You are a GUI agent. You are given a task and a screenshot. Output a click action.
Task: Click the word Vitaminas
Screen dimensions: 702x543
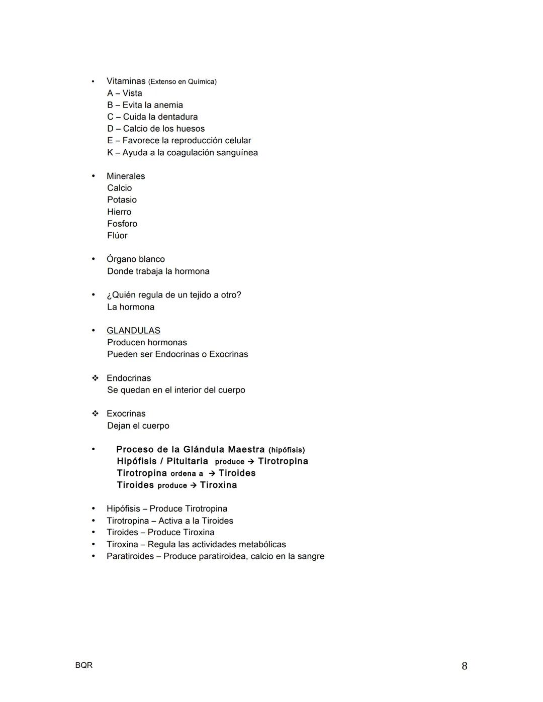coord(126,81)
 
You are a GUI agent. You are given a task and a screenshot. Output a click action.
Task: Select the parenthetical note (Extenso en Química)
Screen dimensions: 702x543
coord(182,81)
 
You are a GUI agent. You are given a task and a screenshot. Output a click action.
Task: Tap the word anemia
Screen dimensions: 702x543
coord(168,105)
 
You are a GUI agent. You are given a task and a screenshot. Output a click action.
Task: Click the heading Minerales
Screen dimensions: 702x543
coord(126,176)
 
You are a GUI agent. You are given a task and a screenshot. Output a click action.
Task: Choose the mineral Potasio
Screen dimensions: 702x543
coord(122,199)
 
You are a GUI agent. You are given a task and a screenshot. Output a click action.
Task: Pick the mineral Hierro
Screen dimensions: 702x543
coord(119,212)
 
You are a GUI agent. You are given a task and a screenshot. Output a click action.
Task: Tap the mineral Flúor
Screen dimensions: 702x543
coord(117,235)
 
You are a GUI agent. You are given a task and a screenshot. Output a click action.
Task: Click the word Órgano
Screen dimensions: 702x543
coord(121,259)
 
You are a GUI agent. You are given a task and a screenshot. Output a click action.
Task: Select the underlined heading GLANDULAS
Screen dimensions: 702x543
coord(133,331)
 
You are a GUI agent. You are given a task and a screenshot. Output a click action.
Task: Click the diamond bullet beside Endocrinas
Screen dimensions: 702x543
coord(95,378)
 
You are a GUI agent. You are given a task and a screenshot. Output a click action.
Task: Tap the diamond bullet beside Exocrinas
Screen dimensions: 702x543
coord(95,414)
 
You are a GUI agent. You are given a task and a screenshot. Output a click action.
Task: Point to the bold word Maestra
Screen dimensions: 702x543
coord(246,449)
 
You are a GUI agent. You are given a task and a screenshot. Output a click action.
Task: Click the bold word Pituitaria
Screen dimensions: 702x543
coord(187,461)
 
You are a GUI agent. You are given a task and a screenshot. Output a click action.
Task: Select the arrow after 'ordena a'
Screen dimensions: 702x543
coord(212,473)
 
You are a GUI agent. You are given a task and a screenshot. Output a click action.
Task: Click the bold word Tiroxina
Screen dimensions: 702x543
coord(218,485)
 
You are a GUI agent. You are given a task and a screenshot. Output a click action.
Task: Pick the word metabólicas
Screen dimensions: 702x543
coord(262,544)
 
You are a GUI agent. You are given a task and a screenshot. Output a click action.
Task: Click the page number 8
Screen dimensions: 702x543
coord(464,666)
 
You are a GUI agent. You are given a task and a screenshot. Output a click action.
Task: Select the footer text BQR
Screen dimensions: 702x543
coord(84,665)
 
